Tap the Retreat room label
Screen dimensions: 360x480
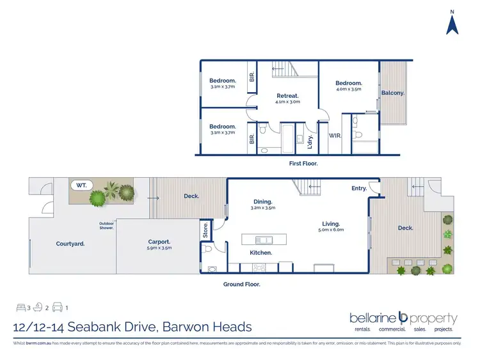tap(287, 96)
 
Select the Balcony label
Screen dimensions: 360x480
tap(392, 93)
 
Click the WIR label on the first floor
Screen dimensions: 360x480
tap(334, 136)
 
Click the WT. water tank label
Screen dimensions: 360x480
tap(82, 185)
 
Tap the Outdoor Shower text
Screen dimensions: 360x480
tap(106, 225)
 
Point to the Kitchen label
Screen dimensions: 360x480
tap(261, 253)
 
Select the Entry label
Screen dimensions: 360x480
tap(359, 188)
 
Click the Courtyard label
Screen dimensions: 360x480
tap(70, 244)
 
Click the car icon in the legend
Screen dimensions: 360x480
tap(57, 308)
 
